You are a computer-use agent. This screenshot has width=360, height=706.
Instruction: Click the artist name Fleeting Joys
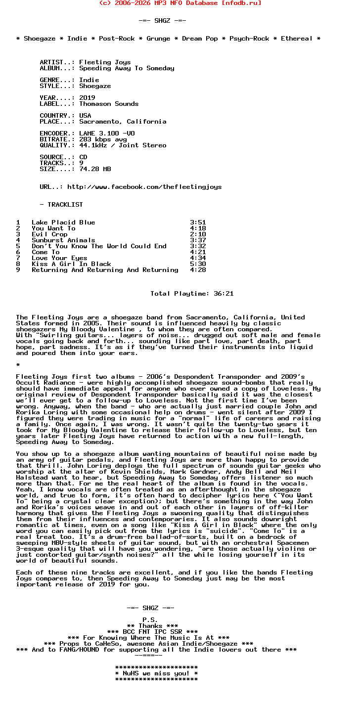click(x=105, y=62)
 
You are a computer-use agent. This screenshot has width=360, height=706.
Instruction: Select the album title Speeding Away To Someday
click(x=127, y=68)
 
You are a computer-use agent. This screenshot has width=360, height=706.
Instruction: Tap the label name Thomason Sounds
click(x=109, y=104)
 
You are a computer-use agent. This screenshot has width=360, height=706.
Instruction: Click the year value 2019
click(x=87, y=98)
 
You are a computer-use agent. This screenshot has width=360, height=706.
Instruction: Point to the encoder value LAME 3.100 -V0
click(x=107, y=133)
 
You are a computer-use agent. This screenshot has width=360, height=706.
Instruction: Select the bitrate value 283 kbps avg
click(x=103, y=139)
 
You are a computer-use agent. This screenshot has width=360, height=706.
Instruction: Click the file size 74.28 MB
click(x=95, y=169)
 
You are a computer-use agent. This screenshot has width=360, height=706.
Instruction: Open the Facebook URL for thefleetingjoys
click(x=144, y=187)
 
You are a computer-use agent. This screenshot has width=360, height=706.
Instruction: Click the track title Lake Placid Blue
click(x=63, y=222)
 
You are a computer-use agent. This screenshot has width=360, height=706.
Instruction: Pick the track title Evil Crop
click(x=49, y=234)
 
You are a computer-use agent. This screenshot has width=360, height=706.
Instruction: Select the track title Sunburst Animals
click(x=63, y=240)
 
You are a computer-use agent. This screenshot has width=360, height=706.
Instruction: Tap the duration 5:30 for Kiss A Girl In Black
click(x=198, y=264)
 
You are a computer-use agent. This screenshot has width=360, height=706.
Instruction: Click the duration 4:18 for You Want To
click(x=198, y=228)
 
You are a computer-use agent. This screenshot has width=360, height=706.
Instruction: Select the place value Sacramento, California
click(x=123, y=122)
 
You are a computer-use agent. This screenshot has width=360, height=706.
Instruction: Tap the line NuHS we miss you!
click(x=156, y=673)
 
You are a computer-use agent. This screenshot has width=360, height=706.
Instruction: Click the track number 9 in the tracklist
click(x=18, y=270)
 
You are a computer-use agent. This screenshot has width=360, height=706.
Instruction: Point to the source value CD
click(x=83, y=157)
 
